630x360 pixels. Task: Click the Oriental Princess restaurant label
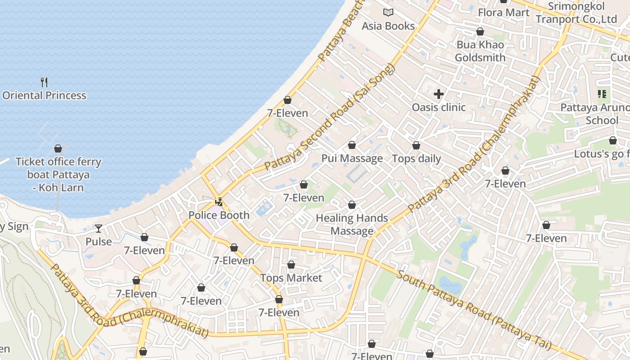[44, 95]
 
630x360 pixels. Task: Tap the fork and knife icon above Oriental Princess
[44, 82]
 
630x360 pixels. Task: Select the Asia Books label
[388, 26]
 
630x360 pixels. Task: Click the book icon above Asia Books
[388, 13]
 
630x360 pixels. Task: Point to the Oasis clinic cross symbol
[439, 94]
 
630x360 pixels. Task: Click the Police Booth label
[219, 215]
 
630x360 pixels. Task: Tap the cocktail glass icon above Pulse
[99, 229]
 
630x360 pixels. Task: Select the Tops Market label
[291, 278]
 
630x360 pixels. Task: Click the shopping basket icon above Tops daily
[416, 145]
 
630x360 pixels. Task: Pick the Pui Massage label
[352, 158]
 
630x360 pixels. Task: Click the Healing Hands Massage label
[352, 225]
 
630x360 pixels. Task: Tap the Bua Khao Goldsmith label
[480, 51]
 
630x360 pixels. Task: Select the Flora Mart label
[504, 13]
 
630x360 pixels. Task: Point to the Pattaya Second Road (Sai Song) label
[329, 117]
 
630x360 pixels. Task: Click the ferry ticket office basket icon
[58, 148]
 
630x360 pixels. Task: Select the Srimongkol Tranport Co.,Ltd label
[576, 13]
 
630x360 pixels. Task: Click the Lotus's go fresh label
[601, 154]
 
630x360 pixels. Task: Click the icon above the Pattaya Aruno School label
[602, 94]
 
